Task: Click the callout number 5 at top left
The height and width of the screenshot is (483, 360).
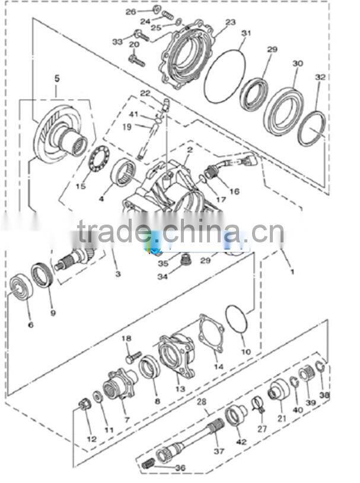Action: click(x=57, y=78)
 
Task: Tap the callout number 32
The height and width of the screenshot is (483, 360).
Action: click(x=320, y=78)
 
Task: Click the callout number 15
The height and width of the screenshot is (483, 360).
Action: click(x=81, y=187)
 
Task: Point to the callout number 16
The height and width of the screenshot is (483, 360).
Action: click(x=234, y=191)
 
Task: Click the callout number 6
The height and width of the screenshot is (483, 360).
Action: click(x=30, y=325)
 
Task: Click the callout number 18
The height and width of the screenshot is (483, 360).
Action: click(x=126, y=338)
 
